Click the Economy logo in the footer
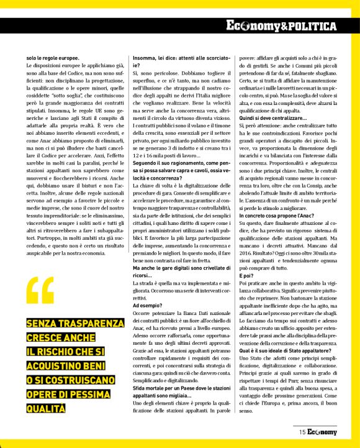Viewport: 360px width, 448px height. pos(322,431)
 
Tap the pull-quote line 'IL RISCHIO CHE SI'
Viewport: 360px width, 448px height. pos(66,352)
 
